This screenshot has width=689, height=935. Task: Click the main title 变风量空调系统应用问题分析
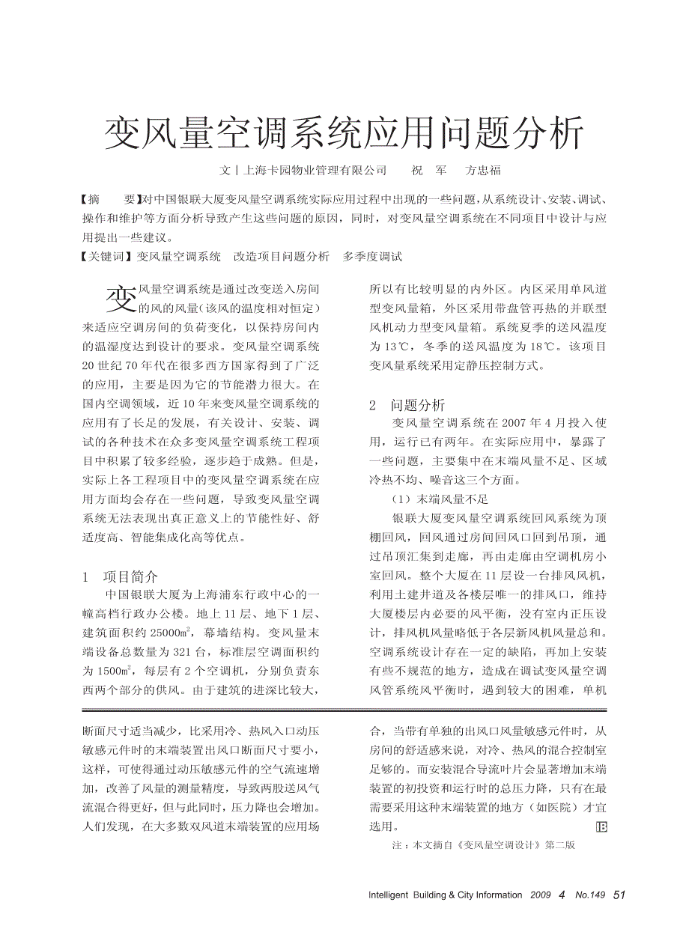[344, 133]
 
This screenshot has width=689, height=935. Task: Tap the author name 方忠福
[483, 171]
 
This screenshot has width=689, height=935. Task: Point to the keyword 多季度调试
[372, 257]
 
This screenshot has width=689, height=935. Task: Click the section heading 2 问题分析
[407, 405]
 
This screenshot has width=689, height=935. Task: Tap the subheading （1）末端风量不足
[440, 499]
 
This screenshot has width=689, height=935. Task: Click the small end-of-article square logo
[600, 826]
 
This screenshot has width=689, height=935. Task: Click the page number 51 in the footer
[619, 895]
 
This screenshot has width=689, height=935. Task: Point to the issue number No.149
[589, 895]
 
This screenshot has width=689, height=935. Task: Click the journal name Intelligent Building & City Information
[445, 895]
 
